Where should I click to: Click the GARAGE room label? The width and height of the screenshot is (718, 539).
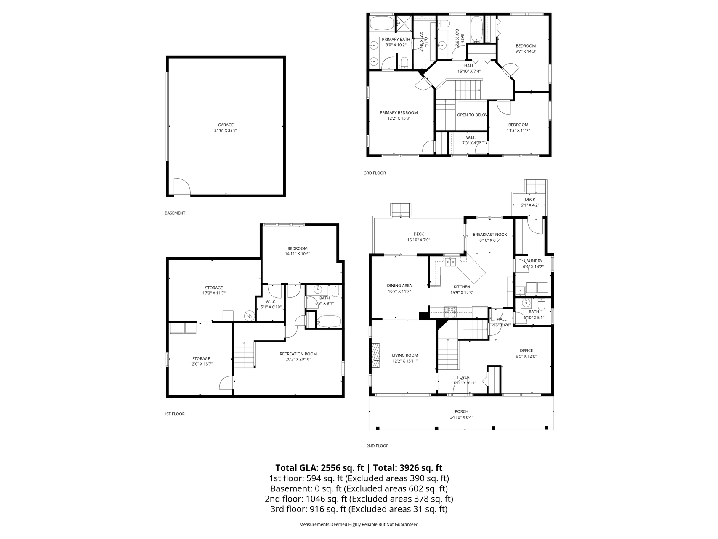click(226, 125)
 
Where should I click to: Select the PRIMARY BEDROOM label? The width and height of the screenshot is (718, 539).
click(398, 112)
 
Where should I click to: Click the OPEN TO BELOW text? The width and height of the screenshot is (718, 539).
click(472, 115)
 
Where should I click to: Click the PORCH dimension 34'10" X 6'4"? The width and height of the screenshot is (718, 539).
click(461, 417)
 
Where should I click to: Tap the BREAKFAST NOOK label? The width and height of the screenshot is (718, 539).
click(489, 235)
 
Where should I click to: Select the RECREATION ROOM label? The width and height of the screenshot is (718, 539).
click(298, 354)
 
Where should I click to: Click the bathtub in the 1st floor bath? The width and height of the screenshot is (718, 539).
click(328, 322)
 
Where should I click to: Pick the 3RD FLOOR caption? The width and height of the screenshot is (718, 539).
click(375, 173)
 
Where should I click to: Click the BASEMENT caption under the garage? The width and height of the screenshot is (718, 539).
click(175, 213)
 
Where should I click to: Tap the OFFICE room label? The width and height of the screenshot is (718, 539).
click(526, 350)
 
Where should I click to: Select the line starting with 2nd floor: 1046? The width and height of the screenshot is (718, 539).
click(359, 499)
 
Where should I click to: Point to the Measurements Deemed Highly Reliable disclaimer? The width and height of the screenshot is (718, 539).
click(359, 525)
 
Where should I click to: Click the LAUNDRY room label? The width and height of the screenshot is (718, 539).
click(533, 261)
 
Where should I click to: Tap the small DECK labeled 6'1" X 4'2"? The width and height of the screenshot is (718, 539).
click(529, 202)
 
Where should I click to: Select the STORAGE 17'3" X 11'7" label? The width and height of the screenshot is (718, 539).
click(214, 288)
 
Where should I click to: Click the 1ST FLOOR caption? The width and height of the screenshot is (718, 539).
click(174, 414)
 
